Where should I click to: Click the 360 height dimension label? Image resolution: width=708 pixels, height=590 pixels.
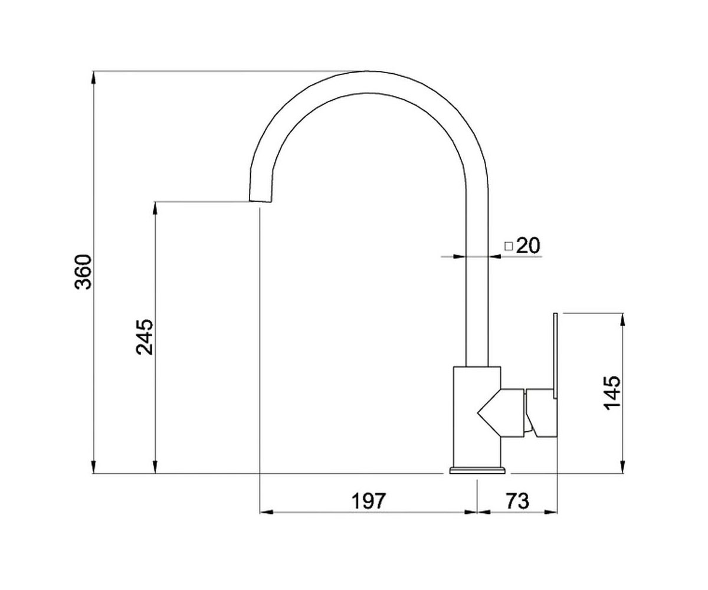point(83,271)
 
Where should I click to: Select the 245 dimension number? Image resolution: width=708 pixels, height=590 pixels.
point(145,337)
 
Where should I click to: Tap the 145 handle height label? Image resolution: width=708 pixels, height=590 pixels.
point(612,393)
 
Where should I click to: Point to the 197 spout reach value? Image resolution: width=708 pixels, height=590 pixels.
point(369,501)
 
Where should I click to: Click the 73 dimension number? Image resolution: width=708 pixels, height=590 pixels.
point(517,501)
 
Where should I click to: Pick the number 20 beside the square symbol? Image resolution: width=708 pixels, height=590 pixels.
point(527,245)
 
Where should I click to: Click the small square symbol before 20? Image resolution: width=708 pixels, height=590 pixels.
point(509,247)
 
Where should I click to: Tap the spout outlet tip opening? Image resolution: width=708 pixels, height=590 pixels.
point(260,201)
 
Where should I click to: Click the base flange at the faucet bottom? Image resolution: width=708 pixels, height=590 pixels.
point(477,471)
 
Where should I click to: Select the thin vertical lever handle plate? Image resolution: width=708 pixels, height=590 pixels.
point(555,355)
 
